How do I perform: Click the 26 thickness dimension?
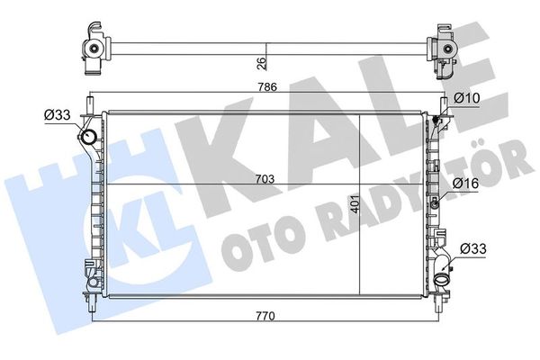tap(261, 63)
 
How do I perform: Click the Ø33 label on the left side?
tap(56, 114)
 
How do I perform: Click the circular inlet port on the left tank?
tap(89, 138)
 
